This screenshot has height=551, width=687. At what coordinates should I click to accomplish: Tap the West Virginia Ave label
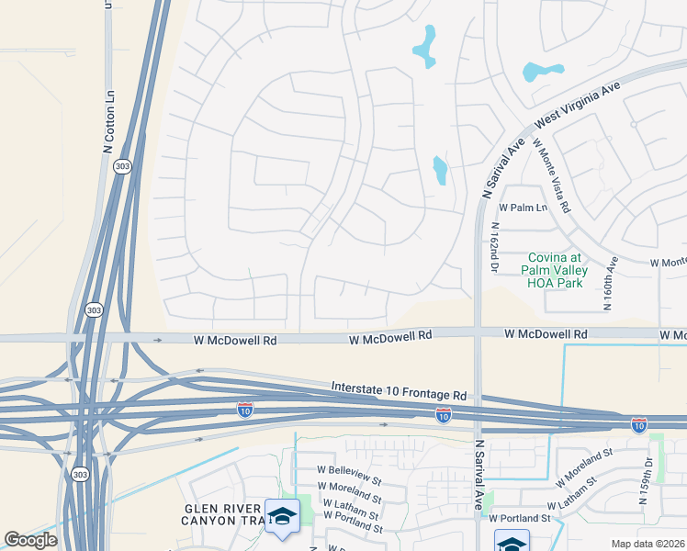click(579, 107)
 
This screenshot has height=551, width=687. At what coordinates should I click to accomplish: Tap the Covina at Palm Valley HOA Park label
click(552, 271)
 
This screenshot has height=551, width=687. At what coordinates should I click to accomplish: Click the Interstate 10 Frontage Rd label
click(399, 392)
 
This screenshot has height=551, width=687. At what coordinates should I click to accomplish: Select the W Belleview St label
click(347, 479)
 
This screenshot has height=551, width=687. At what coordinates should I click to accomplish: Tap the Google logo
click(30, 540)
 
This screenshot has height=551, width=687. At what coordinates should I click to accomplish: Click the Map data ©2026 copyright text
click(647, 544)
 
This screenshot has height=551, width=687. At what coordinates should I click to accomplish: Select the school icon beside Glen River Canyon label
click(282, 517)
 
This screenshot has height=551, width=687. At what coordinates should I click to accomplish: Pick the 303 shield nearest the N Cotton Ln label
click(121, 166)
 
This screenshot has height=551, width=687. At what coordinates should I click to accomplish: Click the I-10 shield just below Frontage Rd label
click(443, 416)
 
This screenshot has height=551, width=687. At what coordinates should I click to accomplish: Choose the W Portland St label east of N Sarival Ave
click(519, 519)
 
